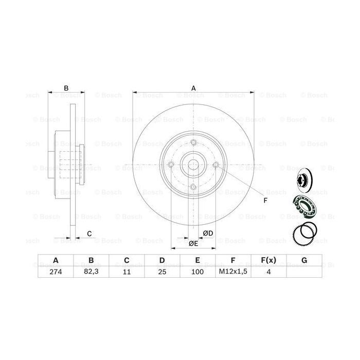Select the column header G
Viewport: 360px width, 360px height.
point(304,260)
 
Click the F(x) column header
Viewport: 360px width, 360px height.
point(268,260)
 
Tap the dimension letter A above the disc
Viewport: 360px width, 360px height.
point(194,88)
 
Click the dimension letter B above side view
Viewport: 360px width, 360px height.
point(66,88)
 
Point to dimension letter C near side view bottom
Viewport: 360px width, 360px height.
point(89,234)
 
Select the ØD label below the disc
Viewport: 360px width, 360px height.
point(208,233)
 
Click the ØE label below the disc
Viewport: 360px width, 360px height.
point(193,243)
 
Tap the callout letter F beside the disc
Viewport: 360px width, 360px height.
point(265,201)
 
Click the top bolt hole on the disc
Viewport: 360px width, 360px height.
point(193,142)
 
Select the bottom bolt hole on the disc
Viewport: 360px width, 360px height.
point(193,187)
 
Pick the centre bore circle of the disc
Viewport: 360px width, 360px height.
point(193,165)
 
